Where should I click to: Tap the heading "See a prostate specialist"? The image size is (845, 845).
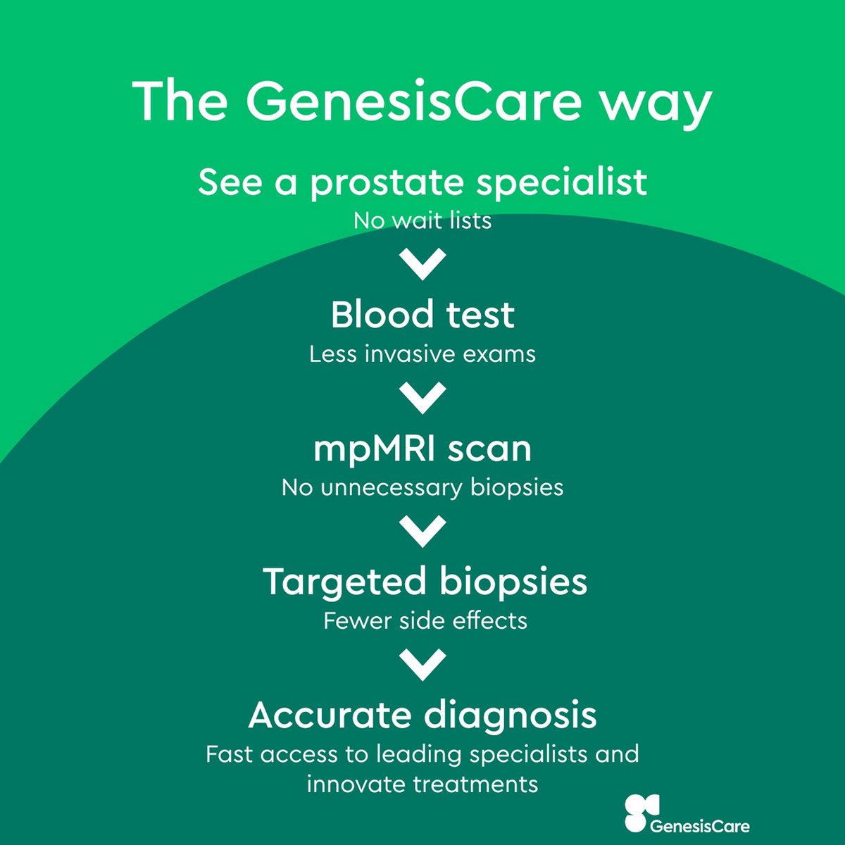(x=423, y=182)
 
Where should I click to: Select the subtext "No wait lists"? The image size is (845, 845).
(x=423, y=220)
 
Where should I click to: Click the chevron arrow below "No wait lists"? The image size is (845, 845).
(x=423, y=263)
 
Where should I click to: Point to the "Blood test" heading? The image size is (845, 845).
(x=423, y=315)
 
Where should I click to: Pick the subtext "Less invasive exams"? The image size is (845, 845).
(x=423, y=353)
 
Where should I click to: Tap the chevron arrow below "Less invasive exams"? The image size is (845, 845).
(x=423, y=396)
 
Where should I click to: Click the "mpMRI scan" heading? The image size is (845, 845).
(x=423, y=449)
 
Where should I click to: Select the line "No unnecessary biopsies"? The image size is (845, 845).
(x=423, y=487)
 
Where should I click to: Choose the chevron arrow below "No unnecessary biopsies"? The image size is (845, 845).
(x=423, y=530)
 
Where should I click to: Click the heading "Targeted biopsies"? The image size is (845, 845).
(x=425, y=582)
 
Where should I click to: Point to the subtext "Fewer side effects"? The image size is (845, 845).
(x=425, y=620)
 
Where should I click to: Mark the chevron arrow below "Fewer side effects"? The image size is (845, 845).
(x=423, y=664)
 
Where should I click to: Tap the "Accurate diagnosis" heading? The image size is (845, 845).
(x=423, y=715)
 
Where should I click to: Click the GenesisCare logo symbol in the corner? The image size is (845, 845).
(x=642, y=813)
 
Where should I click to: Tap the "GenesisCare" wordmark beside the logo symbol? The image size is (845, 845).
(x=700, y=826)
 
